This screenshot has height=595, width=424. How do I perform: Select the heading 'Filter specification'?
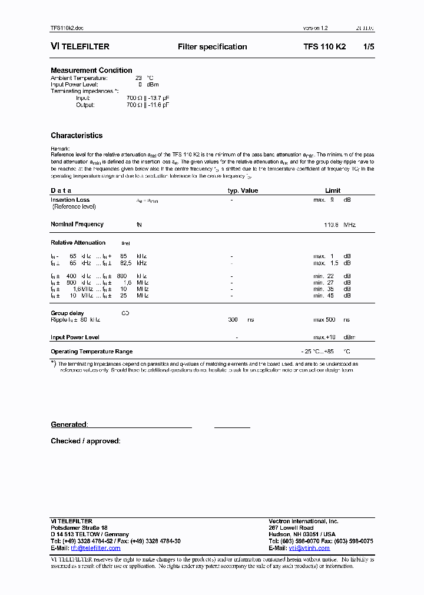click(212, 46)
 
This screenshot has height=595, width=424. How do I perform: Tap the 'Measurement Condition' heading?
click(91, 71)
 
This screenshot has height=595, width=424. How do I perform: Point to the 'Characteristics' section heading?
click(77, 136)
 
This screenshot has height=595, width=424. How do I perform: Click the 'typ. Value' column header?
click(243, 190)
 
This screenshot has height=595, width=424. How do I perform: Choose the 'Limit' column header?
click(333, 190)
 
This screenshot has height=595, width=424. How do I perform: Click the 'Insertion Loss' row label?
click(70, 200)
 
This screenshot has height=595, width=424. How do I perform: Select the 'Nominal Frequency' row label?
click(77, 224)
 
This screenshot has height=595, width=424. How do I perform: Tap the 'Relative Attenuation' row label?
click(78, 242)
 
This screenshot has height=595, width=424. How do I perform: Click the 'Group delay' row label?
click(67, 313)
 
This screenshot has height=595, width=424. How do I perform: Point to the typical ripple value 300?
click(233, 320)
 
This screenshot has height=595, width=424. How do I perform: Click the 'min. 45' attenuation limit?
click(323, 295)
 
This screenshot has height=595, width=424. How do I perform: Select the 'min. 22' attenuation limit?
click(323, 276)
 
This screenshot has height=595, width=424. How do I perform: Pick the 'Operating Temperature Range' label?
click(91, 352)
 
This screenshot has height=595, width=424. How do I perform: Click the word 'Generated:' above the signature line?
click(69, 424)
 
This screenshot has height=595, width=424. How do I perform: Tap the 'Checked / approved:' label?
click(85, 441)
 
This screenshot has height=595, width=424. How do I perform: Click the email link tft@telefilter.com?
click(95, 548)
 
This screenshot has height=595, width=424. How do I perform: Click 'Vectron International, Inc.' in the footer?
click(303, 521)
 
